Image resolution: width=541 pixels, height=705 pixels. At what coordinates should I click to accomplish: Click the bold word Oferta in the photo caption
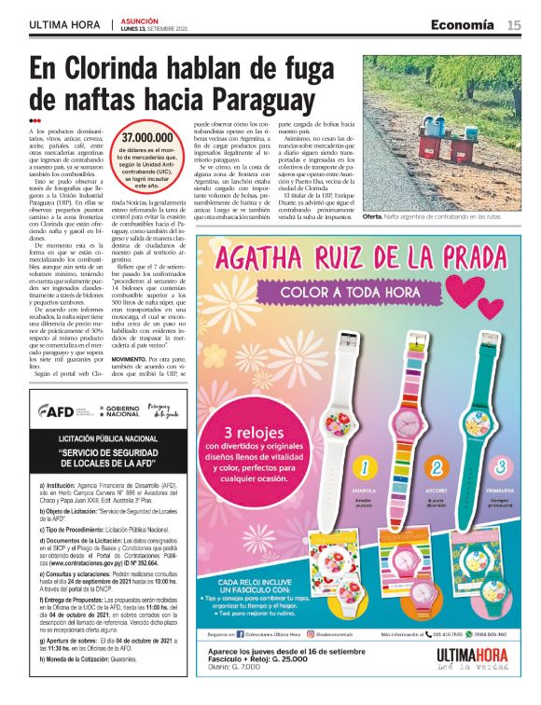[x=373, y=216]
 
